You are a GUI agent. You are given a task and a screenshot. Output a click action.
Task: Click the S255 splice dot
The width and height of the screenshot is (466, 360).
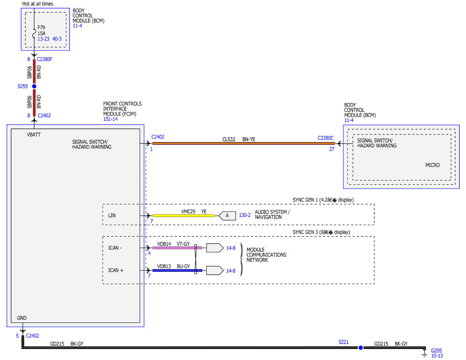(34, 86)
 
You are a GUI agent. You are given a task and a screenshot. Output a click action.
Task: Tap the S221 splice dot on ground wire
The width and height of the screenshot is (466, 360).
(360, 348)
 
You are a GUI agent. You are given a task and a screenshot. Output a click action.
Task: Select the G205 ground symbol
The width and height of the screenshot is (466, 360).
(424, 354)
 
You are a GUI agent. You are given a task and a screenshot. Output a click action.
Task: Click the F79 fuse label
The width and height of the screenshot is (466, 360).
(41, 28)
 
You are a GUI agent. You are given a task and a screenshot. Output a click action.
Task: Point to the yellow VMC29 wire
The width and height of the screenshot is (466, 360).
(183, 216)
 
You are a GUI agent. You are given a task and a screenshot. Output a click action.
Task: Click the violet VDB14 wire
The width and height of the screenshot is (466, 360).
(177, 248)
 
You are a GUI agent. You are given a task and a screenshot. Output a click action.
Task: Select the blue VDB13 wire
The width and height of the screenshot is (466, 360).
(177, 271)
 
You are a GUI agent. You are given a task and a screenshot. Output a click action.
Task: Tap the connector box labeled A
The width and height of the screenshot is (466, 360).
(227, 216)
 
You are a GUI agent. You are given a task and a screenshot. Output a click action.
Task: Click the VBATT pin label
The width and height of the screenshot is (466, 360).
(34, 135)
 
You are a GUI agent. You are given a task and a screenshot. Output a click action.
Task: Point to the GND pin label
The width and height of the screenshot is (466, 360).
(22, 318)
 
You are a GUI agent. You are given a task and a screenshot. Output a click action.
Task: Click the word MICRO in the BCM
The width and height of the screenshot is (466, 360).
(432, 165)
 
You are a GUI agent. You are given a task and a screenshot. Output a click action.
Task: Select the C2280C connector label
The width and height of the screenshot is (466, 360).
(325, 138)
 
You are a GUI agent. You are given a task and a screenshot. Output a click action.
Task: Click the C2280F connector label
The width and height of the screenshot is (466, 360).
(45, 59)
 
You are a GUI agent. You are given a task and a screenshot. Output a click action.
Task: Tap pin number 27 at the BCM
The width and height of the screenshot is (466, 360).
(332, 149)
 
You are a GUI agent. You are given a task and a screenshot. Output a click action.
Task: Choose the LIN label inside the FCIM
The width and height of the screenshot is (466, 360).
(112, 216)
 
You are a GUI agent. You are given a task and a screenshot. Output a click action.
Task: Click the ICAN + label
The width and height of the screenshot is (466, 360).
(116, 270)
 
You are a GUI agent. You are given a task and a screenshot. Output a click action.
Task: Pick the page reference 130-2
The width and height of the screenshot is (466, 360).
(245, 215)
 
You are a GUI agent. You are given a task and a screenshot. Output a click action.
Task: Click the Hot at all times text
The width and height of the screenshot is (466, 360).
(38, 4)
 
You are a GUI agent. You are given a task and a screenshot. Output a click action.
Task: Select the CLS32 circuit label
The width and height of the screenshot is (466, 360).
(229, 139)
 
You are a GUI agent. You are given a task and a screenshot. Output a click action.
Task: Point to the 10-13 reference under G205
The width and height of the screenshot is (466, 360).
(437, 356)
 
